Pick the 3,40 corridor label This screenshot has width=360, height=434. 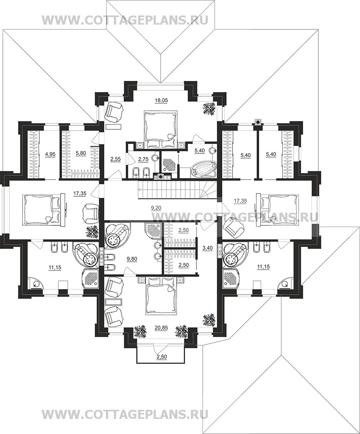[208, 248]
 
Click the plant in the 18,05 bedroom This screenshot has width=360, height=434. [210, 108]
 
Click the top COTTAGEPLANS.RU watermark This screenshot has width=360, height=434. [125, 20]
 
